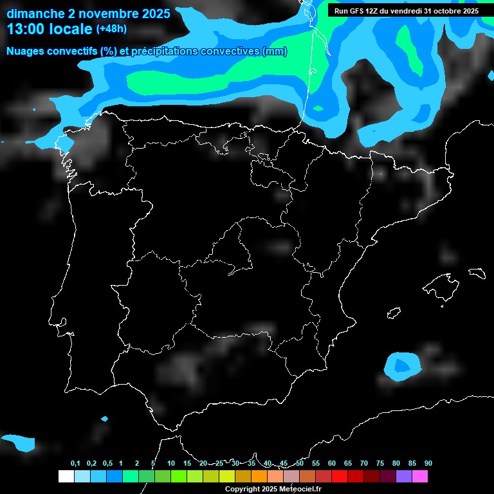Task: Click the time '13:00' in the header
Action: (26, 29)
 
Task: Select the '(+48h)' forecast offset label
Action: (111, 29)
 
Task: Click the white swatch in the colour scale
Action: (66, 476)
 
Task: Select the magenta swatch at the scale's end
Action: (420, 476)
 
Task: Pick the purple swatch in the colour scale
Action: (404, 476)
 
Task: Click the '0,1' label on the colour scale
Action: (75, 464)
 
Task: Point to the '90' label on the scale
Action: (428, 464)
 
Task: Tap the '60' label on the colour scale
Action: (332, 464)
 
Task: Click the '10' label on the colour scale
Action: (170, 464)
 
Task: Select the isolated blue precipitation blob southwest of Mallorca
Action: (401, 365)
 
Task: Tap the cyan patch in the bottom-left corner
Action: (19, 442)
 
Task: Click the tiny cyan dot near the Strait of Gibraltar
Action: (105, 419)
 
